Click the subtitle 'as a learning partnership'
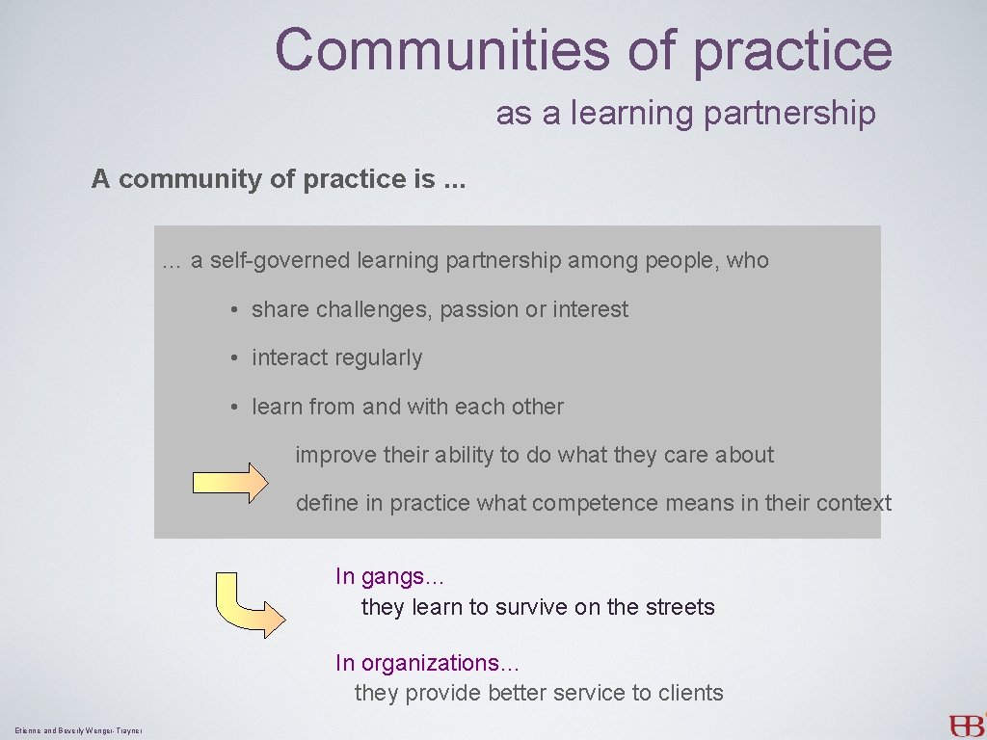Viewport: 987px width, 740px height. (x=685, y=114)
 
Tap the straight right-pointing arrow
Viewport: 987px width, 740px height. (x=230, y=482)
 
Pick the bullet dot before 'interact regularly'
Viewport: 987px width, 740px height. (x=235, y=358)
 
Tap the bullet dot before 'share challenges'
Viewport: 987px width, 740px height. (x=235, y=310)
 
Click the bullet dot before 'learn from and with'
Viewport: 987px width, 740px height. (x=235, y=408)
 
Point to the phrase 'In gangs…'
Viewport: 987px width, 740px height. (x=389, y=577)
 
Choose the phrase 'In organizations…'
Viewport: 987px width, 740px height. (x=427, y=663)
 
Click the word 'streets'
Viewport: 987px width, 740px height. (x=680, y=607)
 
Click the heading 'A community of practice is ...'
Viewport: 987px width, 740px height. (x=279, y=179)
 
